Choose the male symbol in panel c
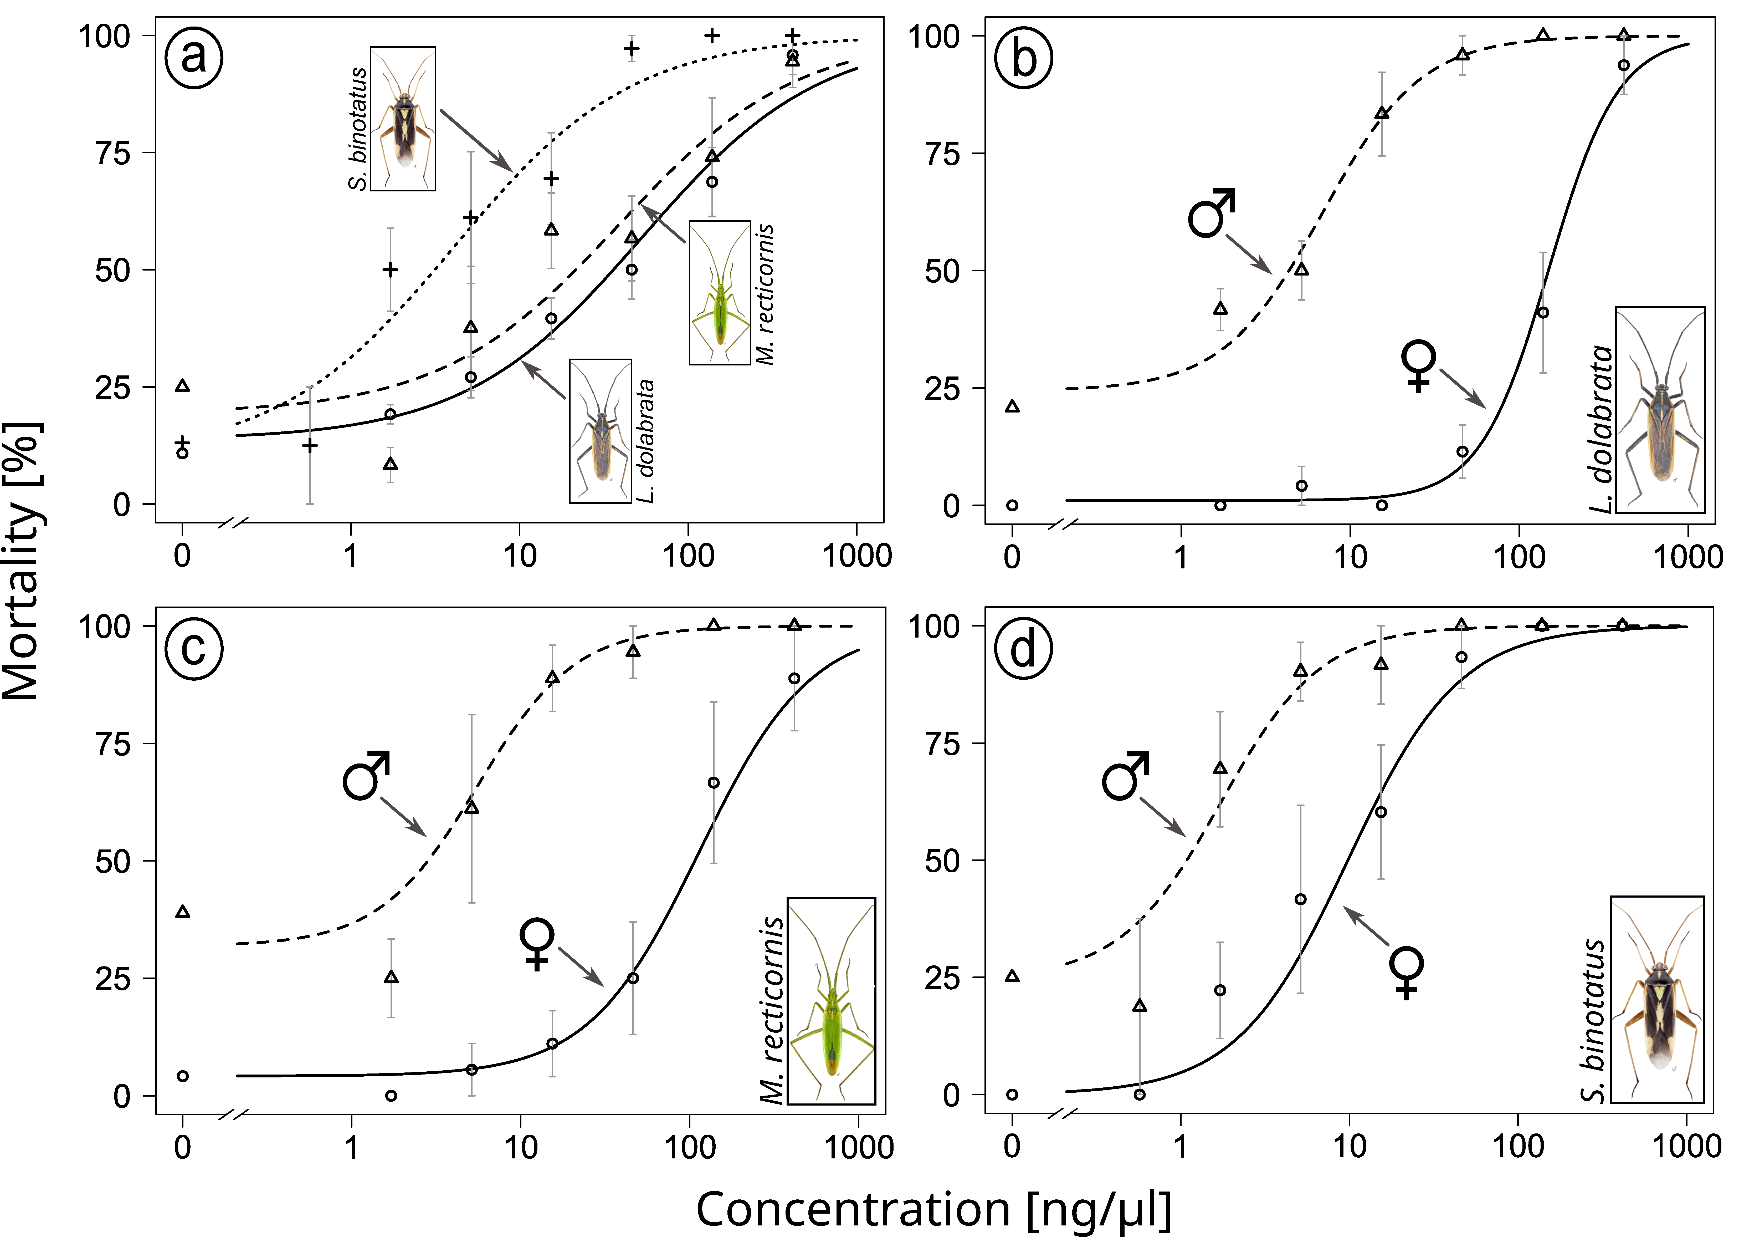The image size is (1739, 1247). click(367, 775)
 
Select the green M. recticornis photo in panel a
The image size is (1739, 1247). click(719, 292)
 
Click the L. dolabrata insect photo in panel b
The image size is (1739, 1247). click(1660, 410)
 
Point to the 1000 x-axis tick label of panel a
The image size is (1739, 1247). click(856, 555)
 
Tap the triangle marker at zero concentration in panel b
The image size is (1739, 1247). click(1012, 406)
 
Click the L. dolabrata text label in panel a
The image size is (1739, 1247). click(646, 441)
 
